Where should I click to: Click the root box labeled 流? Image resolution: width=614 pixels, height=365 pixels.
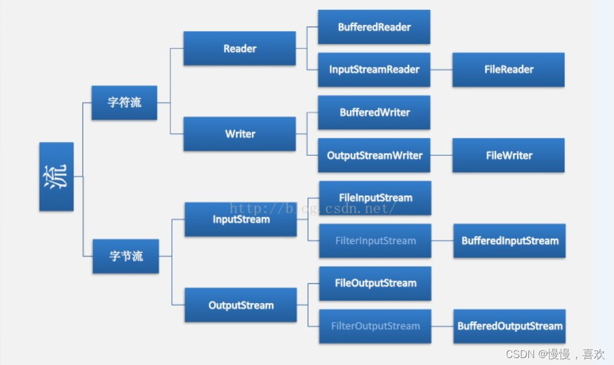[x=56, y=176]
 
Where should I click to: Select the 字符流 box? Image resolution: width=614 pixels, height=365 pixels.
[x=124, y=103]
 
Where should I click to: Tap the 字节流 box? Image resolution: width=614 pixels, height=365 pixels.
[x=126, y=256]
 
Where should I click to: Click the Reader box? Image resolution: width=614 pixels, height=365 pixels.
[x=240, y=49]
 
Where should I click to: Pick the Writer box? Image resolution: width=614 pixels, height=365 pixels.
[x=240, y=134]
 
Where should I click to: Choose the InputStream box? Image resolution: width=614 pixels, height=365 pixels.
[x=241, y=219]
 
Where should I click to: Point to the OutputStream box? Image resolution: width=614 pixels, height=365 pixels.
[x=241, y=305]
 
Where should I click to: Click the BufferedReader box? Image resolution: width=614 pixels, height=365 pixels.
[x=374, y=27]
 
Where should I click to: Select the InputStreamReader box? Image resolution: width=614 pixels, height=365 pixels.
[x=374, y=70]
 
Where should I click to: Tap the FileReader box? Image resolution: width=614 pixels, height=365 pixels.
[x=508, y=70]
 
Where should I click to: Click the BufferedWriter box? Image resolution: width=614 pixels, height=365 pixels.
[x=374, y=112]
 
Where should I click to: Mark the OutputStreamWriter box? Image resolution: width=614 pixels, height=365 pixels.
[x=374, y=155]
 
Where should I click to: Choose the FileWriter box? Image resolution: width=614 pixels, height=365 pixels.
[x=508, y=155]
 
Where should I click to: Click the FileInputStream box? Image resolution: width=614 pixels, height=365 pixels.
[x=375, y=198]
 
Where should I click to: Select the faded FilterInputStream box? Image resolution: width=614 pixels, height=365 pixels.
[x=375, y=240]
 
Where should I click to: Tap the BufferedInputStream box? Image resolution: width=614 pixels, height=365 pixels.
[x=509, y=240]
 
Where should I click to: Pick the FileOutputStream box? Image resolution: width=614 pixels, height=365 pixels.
[x=375, y=283]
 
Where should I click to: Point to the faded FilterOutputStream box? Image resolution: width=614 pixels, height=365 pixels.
[x=375, y=326]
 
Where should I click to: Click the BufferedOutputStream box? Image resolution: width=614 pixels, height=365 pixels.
[x=509, y=326]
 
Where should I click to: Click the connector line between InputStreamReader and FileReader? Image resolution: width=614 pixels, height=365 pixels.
[x=442, y=70]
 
